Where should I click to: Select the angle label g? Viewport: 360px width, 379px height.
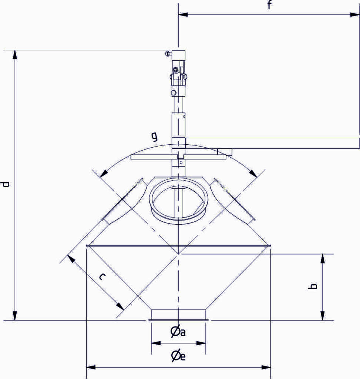[154, 137]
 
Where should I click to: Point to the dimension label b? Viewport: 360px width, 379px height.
[313, 286]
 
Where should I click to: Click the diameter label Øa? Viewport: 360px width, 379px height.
[178, 332]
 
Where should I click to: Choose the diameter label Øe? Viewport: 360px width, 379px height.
[178, 356]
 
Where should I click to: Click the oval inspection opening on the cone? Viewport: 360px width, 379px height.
[178, 200]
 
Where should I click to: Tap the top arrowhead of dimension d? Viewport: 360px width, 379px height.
[15, 55]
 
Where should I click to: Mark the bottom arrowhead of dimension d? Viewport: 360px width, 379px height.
[15, 316]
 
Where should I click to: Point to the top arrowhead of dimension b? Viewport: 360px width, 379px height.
[323, 258]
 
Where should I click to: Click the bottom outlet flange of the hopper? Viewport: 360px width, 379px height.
[178, 315]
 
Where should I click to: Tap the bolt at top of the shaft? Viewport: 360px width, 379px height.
[168, 54]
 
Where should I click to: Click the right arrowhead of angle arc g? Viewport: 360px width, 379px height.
[253, 173]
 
